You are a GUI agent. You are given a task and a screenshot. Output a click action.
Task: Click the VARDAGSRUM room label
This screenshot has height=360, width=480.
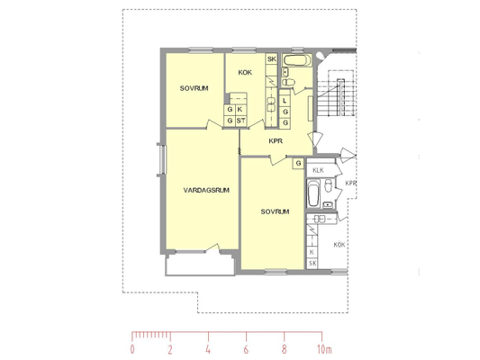pyautogui.click(x=206, y=190)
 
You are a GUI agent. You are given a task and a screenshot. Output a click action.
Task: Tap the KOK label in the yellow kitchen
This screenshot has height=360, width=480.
pyautogui.click(x=245, y=73)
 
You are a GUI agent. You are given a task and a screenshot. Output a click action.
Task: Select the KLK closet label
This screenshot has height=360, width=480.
pyautogui.click(x=318, y=170)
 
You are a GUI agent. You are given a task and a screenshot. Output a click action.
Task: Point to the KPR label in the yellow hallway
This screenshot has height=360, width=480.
pyautogui.click(x=276, y=141)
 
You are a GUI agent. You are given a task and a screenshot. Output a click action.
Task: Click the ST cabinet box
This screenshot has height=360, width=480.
pyautogui.click(x=241, y=121)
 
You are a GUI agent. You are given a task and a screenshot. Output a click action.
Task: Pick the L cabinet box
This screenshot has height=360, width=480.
pyautogui.click(x=285, y=101)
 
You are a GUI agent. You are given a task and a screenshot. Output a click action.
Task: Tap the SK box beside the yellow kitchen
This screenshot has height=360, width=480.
pyautogui.click(x=272, y=59)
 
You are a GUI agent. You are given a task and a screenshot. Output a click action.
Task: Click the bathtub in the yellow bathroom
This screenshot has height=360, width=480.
pyautogui.click(x=296, y=60)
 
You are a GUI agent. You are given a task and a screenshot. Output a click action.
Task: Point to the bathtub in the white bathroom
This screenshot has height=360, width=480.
pyautogui.click(x=312, y=193)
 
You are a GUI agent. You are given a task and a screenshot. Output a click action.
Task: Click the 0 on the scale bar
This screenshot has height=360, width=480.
pyautogui.click(x=132, y=349)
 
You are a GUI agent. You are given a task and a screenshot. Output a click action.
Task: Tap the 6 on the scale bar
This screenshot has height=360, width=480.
pyautogui.click(x=246, y=349)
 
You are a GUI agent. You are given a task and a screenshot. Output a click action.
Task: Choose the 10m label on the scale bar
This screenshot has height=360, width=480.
pyautogui.click(x=324, y=349)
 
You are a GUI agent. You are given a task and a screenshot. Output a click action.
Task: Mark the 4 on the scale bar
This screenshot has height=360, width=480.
pyautogui.click(x=208, y=349)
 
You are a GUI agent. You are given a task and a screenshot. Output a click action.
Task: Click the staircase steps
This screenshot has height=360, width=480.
pyautogui.click(x=337, y=97)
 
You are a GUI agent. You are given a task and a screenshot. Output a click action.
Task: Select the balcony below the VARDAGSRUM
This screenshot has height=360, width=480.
pyautogui.click(x=201, y=265)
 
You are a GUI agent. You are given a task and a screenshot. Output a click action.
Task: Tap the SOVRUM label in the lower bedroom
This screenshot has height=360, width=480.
pyautogui.click(x=275, y=211)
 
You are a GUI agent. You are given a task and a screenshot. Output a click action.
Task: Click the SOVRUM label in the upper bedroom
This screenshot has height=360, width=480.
pyautogui.click(x=195, y=88)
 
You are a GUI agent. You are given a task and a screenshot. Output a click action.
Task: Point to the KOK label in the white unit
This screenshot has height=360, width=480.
pyautogui.click(x=340, y=245)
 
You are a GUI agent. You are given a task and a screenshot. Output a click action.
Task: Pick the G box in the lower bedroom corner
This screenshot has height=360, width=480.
pyautogui.click(x=298, y=163)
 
